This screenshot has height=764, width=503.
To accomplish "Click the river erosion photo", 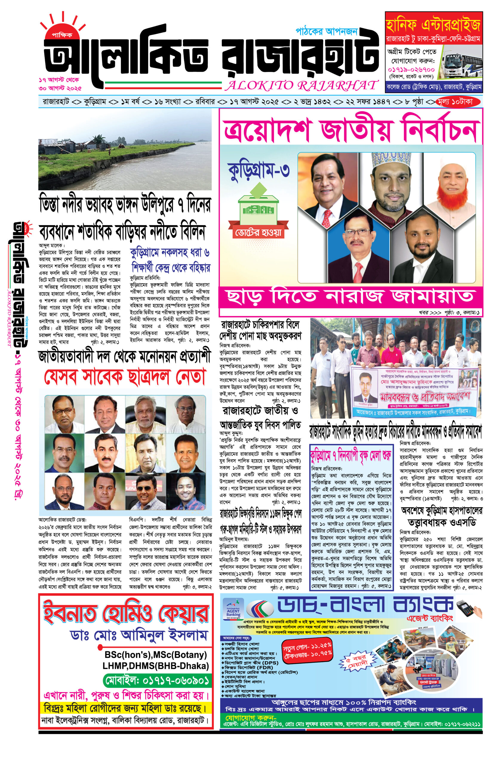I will point(125,150).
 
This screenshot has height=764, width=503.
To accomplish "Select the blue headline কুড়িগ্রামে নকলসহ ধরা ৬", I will point(170,253).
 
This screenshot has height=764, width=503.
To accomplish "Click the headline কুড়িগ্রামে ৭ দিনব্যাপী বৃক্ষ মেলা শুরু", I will point(350,455).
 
